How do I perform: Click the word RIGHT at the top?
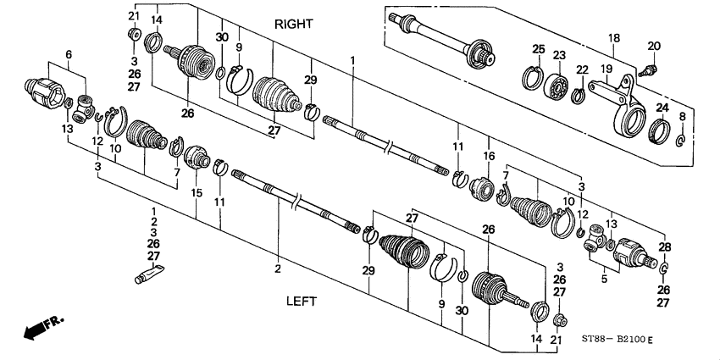click(293, 25)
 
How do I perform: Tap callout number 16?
click(488, 156)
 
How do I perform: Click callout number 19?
click(606, 68)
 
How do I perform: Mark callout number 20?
click(653, 45)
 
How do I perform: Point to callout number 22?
click(581, 69)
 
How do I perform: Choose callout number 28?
click(664, 246)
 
